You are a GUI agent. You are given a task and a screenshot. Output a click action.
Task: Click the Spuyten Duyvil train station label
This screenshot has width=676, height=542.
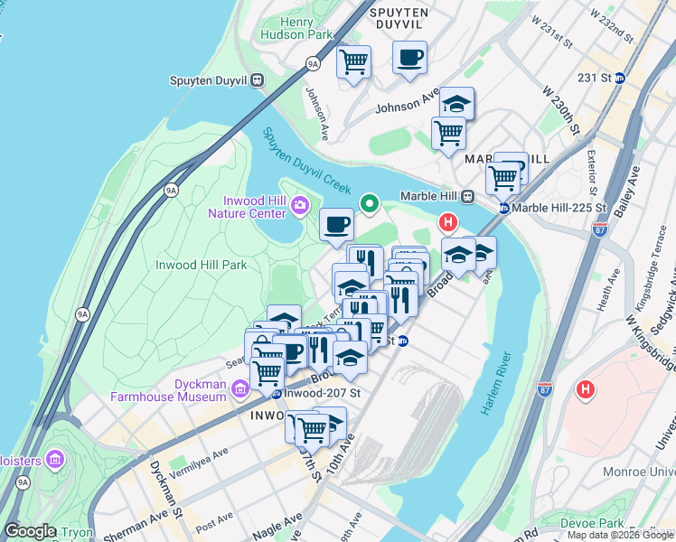[209, 79]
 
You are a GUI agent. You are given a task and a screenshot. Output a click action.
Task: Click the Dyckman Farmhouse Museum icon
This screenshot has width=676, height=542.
[239, 389]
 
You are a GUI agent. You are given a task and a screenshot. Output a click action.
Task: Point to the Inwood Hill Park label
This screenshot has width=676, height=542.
[201, 266]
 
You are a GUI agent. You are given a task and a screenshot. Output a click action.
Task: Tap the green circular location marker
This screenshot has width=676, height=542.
[369, 203]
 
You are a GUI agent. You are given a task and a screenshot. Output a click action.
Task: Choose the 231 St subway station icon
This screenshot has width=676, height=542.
[619, 79]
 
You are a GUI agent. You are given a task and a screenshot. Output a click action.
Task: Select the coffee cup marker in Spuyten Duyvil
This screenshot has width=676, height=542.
[409, 57]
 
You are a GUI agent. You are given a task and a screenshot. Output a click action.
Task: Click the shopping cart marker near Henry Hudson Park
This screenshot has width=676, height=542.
[353, 62]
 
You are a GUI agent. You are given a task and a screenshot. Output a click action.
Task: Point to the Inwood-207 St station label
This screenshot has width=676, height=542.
[322, 394]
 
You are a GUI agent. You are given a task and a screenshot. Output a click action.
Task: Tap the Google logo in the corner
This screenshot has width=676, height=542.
[30, 531]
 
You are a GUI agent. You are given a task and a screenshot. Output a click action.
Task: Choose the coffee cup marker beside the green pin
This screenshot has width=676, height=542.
[336, 225]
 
